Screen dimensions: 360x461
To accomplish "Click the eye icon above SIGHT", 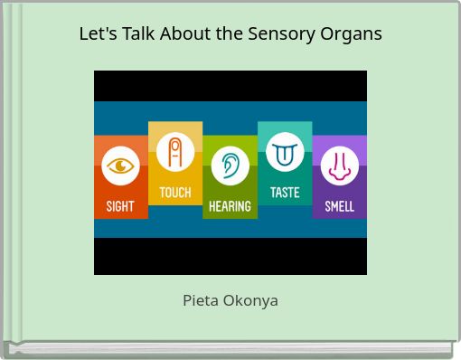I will point(120,166).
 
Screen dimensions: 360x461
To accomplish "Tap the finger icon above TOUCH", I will point(175,151).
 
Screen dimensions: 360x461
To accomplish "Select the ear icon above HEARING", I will point(230,166).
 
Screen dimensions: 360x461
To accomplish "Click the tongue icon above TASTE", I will point(285,152).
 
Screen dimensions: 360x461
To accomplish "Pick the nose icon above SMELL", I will point(340,166).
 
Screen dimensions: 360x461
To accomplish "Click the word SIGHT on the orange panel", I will point(120,206).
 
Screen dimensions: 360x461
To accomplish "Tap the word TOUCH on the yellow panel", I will point(175,193).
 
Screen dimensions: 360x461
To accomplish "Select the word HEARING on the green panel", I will point(230,206).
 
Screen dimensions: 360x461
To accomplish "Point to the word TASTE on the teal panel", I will point(285,193).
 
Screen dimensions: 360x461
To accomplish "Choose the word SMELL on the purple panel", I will point(340,206).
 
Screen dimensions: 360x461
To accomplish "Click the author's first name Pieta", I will point(201,300).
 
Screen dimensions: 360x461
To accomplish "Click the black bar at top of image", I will point(230,85).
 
